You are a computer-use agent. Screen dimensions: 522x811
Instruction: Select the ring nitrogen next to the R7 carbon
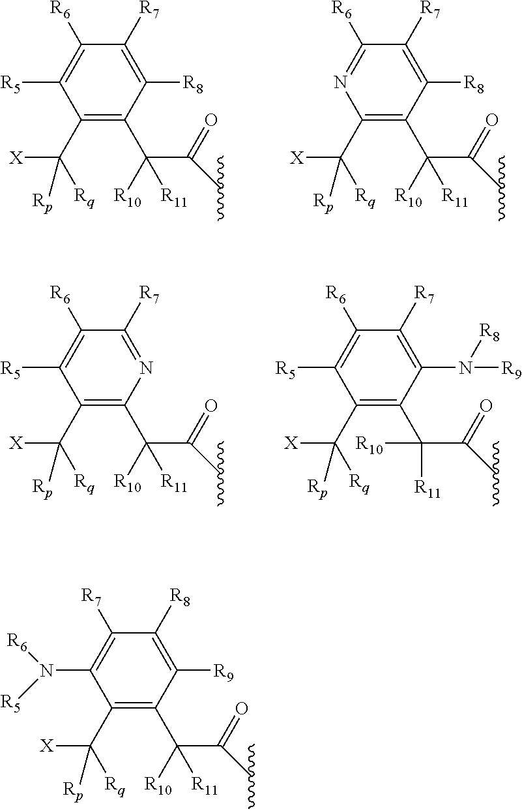click(x=147, y=369)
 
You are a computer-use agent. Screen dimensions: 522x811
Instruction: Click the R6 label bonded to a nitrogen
click(x=18, y=641)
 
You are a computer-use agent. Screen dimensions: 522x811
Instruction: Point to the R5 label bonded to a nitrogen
click(x=14, y=703)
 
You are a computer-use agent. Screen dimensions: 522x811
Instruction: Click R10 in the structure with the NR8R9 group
click(x=368, y=444)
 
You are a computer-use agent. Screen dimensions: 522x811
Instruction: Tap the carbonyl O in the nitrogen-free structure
click(x=210, y=120)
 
